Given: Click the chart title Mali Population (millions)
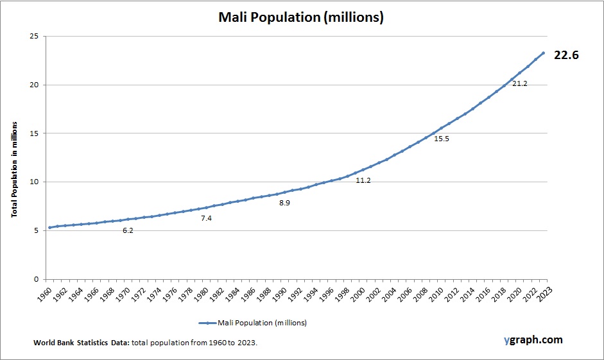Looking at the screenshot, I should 301,17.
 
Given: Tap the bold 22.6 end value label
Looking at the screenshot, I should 566,55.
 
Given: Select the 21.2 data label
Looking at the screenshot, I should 520,84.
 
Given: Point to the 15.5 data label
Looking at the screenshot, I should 442,139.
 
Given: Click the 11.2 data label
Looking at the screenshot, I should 363,181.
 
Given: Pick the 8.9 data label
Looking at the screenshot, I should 285,203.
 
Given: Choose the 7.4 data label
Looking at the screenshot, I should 206,218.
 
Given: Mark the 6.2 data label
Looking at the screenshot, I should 128,230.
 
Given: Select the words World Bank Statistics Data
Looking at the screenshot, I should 82,343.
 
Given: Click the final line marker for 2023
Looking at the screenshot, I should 543,53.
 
